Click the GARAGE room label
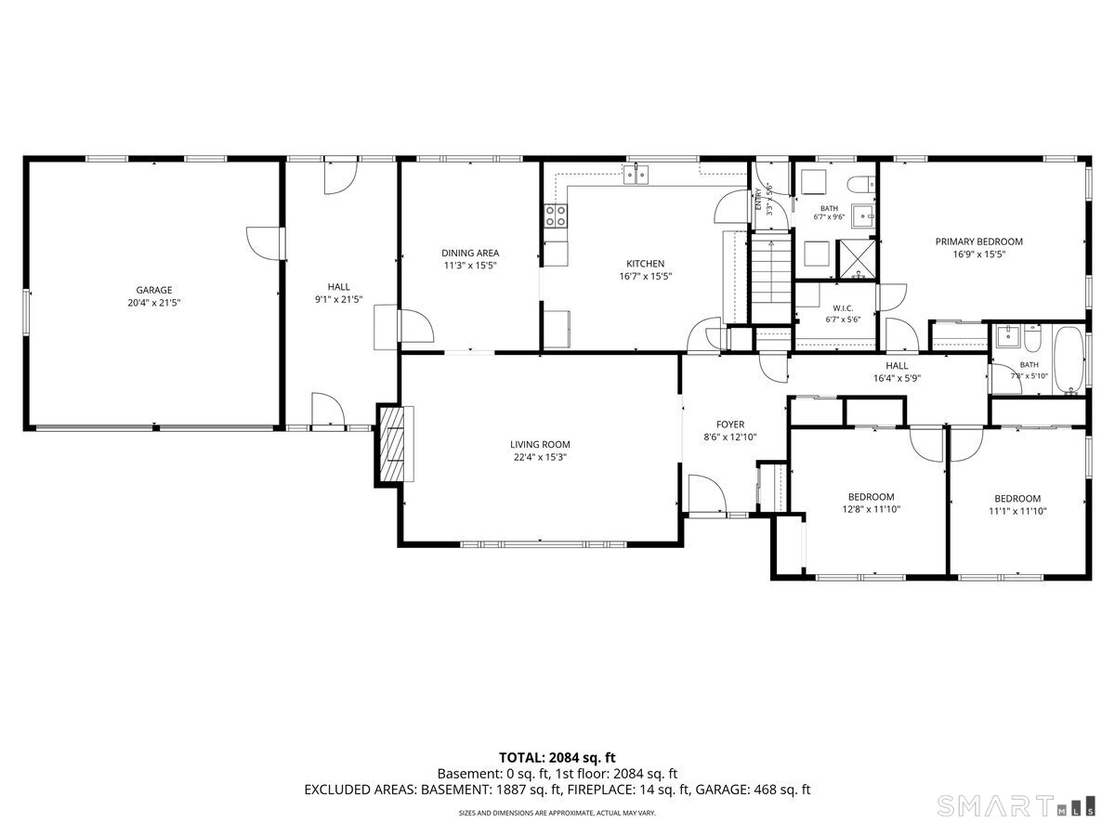coord(154,291)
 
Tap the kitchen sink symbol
coord(636,175)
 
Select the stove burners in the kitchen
coord(556,216)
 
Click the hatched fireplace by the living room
coord(391,445)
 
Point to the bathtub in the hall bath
coord(1069,359)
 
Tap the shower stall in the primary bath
coord(858,259)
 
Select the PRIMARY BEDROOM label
coord(978,242)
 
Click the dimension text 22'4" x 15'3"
coord(540,457)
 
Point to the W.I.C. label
coord(843,308)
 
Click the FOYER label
coord(730,425)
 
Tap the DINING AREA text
coord(470,253)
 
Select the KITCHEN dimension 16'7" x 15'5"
coord(645,277)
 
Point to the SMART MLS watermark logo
coord(1016,807)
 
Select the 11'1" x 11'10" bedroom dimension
coord(1017,511)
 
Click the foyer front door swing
coord(706,493)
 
